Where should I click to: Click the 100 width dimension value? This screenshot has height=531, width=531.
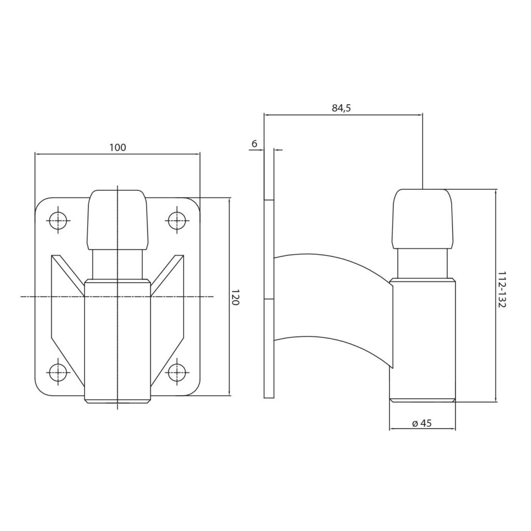[118, 148]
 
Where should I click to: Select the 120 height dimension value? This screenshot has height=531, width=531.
[235, 297]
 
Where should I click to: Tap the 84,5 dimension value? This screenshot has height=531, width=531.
[341, 108]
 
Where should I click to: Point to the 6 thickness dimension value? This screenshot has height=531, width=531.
[254, 144]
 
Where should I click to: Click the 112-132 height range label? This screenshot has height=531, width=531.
[501, 289]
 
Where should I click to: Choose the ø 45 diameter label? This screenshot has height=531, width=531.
[422, 423]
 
